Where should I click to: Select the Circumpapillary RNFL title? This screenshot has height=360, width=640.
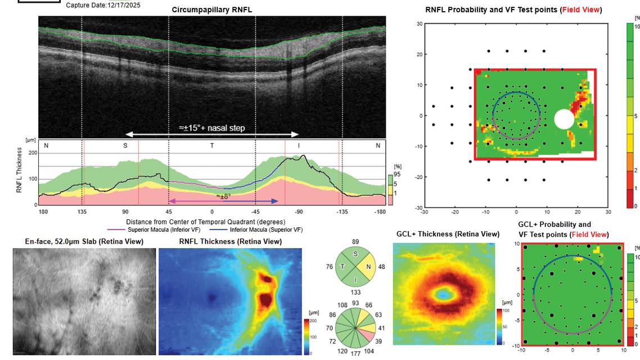coord(212,10)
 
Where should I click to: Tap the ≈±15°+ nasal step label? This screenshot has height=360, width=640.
coord(212,128)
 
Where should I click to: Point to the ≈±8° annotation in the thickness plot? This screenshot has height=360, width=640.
coord(224,196)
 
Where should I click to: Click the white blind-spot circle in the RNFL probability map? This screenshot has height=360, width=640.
coord(564,119)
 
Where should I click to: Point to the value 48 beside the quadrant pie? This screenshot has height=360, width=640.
coord(381,267)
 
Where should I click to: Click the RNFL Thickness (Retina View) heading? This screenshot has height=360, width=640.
coord(230,242)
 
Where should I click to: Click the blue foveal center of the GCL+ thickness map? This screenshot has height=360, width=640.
coord(444,293)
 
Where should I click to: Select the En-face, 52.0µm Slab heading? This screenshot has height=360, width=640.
coord(84,242)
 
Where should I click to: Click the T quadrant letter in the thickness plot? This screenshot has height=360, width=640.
coord(212,146)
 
